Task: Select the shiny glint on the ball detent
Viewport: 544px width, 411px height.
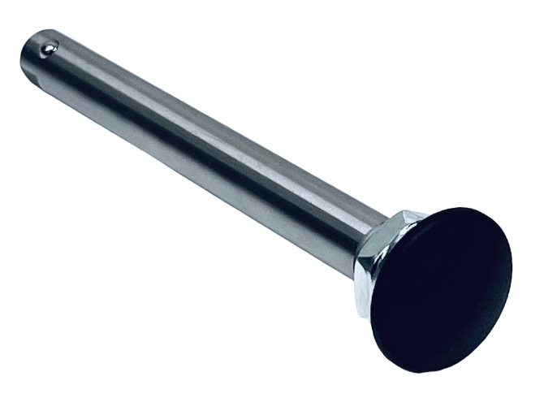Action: point(46,47)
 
